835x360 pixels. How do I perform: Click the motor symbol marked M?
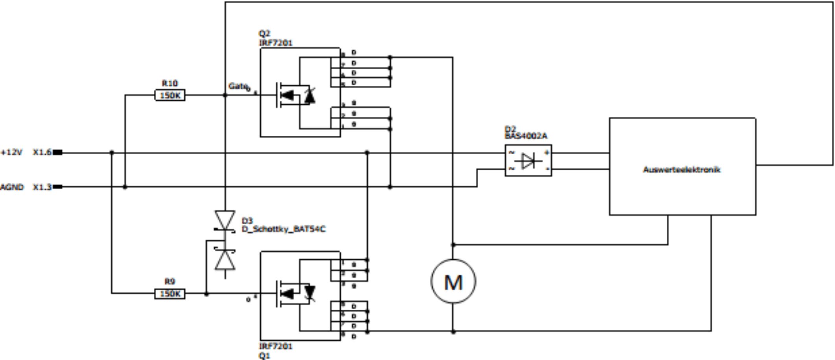[x=453, y=282]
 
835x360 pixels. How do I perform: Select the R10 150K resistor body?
[x=170, y=95]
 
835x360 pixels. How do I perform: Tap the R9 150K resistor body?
[x=170, y=294]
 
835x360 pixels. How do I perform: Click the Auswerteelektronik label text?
[x=682, y=170]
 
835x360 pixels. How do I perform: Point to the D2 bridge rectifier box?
[x=528, y=161]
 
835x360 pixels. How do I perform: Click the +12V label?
[x=12, y=152]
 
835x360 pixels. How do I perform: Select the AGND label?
[x=12, y=187]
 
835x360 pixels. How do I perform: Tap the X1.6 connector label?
[x=42, y=152]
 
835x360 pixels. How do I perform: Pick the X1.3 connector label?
[x=42, y=187]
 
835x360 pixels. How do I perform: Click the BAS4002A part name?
[x=526, y=136]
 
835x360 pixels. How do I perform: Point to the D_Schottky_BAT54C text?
[x=284, y=229]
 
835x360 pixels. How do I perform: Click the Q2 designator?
[x=264, y=34]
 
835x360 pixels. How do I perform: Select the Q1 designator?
[x=264, y=355]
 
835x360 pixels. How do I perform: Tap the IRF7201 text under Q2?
[x=276, y=43]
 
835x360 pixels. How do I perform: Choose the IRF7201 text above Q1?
[x=276, y=346]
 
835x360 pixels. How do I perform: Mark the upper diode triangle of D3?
[x=225, y=220]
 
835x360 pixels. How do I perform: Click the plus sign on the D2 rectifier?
[x=546, y=153]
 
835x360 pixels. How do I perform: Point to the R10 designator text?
[x=170, y=83]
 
